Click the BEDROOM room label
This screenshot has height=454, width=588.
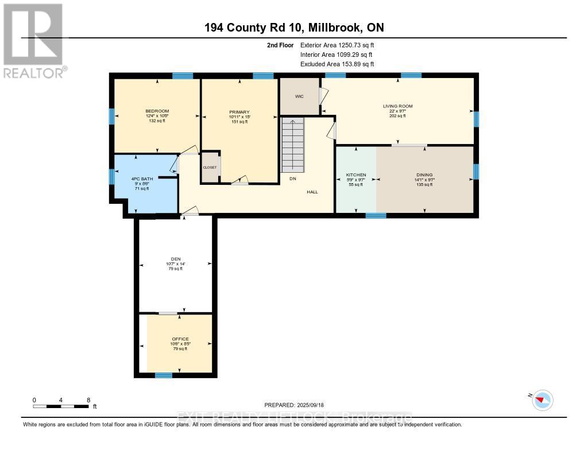[x=157, y=111]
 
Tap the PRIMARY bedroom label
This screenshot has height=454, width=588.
[x=239, y=112]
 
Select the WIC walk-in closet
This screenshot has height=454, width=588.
[x=299, y=96]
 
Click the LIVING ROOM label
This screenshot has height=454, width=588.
[x=398, y=106]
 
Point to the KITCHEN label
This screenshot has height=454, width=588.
[x=356, y=175]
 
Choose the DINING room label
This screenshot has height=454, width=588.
[x=424, y=175]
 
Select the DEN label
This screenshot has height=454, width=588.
[x=176, y=259]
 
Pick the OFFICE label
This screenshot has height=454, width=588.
[x=180, y=339]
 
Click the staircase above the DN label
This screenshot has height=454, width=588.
[x=293, y=146]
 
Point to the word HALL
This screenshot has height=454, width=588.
[x=312, y=192]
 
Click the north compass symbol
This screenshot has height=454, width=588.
[x=542, y=399]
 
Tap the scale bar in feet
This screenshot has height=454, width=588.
[x=61, y=406]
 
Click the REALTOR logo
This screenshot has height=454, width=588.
[x=34, y=40]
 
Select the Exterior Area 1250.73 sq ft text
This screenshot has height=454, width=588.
[x=336, y=45]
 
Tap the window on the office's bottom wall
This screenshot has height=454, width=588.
[x=164, y=375]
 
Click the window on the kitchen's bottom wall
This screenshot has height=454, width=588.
[x=376, y=216]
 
